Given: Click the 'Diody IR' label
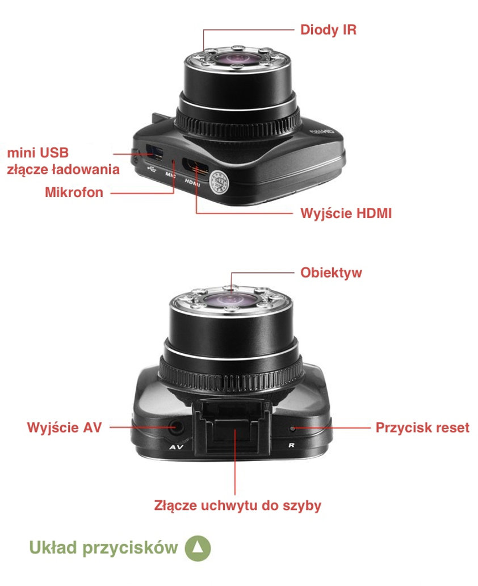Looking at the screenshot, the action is pos(328,30).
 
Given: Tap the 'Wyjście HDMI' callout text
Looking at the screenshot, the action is pos(346,214).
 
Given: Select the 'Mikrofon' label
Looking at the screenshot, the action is pos(74,192).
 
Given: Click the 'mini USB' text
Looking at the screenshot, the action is pos(38,153).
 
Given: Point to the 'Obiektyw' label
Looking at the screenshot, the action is pos(331,273).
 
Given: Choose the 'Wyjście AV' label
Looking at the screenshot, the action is pos(64,427).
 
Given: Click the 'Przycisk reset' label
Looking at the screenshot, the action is pos(422,428).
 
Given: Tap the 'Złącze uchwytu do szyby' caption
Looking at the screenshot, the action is pos(238,505).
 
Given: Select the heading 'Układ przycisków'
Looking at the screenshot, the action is pos(103,547).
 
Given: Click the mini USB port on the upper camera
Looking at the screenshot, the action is pos(154,152).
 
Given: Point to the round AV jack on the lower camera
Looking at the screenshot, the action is pos(175,427).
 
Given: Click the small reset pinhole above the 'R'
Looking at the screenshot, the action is pos(292,428).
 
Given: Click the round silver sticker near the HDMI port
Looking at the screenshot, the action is pos(219,182).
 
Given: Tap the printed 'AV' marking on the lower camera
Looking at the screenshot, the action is pos(176,447).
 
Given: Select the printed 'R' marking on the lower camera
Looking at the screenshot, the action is pos(291,446).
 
